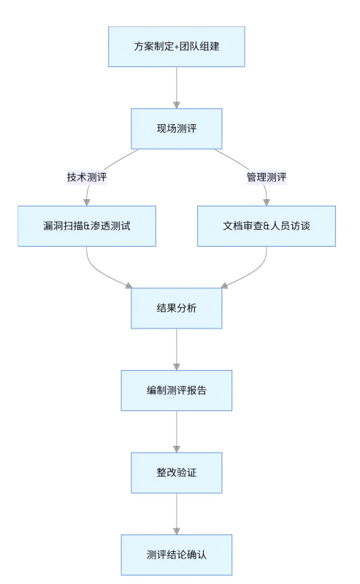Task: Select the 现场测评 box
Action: (x=176, y=128)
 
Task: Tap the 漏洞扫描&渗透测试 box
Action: (x=87, y=226)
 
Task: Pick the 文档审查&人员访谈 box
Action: (x=266, y=226)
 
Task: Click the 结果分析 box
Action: (x=176, y=308)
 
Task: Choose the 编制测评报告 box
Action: (x=176, y=391)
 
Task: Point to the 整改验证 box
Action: (x=176, y=473)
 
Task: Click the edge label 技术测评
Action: (x=87, y=177)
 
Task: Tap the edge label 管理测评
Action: (x=266, y=177)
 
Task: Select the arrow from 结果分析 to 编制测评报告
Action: (x=176, y=349)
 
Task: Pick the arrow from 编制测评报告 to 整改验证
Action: (x=176, y=431)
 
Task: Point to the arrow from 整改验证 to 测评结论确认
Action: (x=176, y=514)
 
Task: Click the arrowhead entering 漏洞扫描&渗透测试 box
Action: (x=87, y=201)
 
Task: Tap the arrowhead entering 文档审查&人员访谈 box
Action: (x=266, y=201)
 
